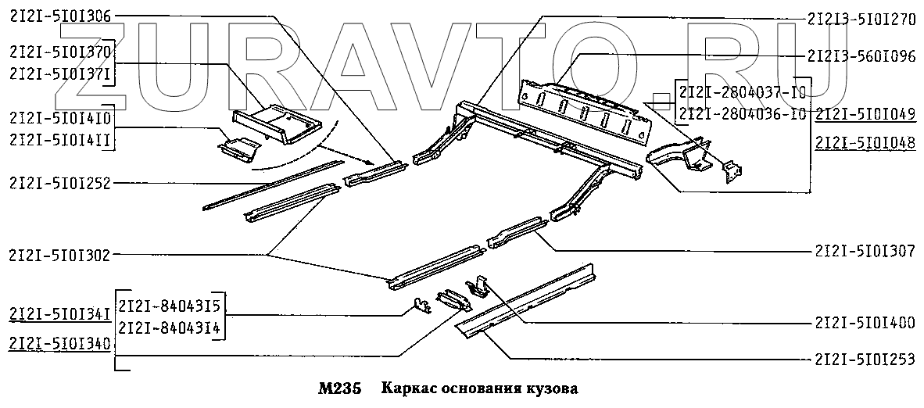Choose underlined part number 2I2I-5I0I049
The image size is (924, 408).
pos(865,115)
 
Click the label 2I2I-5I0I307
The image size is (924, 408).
pos(865,252)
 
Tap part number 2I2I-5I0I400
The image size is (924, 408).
pos(865,323)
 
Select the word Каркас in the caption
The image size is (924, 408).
pos(408,388)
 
